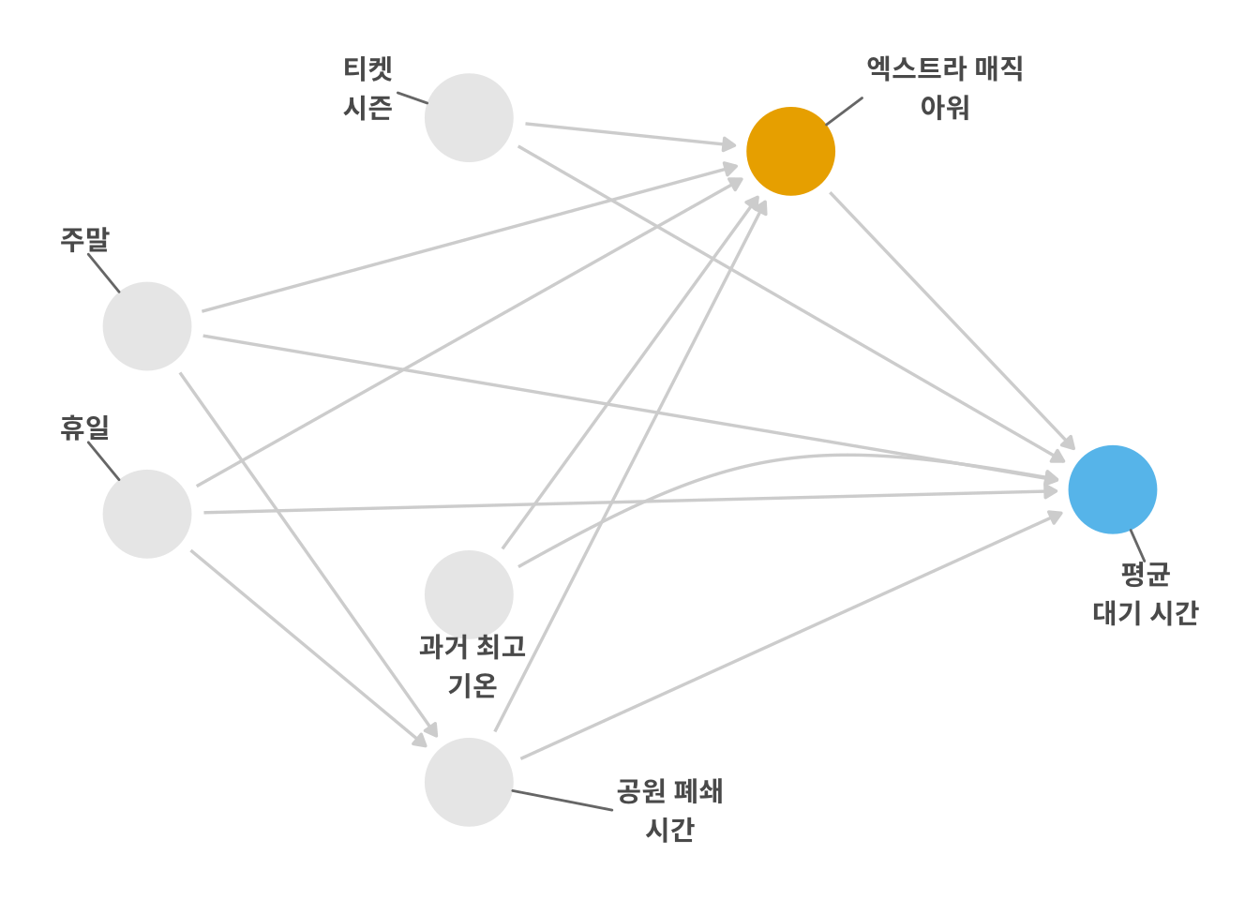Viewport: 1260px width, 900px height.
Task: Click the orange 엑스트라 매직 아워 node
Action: tap(790, 151)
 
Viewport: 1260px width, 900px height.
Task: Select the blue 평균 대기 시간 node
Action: tap(1112, 489)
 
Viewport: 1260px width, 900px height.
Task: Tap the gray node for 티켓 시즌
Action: tap(469, 117)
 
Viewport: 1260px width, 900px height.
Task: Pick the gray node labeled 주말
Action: tap(147, 326)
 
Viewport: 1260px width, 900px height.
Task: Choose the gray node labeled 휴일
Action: tap(147, 514)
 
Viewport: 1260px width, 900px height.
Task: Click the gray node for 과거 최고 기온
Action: tap(469, 594)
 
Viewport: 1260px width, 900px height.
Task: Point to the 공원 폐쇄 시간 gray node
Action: tap(469, 783)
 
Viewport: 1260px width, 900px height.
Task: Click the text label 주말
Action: tap(85, 240)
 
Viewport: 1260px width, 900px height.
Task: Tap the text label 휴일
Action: tap(85, 427)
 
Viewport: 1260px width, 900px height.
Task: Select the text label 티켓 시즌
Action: tap(367, 88)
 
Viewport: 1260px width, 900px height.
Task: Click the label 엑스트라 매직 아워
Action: tap(945, 88)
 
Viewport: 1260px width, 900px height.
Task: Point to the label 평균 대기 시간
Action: tap(1146, 593)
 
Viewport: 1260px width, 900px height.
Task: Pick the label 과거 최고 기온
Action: tap(472, 666)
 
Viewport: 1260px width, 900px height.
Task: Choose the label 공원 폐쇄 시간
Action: tap(669, 811)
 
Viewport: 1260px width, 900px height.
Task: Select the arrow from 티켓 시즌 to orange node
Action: tap(631, 135)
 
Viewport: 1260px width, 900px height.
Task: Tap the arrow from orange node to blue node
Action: tap(952, 321)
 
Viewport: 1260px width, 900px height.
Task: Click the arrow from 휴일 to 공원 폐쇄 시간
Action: tap(308, 648)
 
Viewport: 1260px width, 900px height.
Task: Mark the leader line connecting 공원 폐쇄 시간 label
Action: tap(562, 801)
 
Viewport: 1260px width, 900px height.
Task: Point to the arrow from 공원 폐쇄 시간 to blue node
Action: tap(792, 635)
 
